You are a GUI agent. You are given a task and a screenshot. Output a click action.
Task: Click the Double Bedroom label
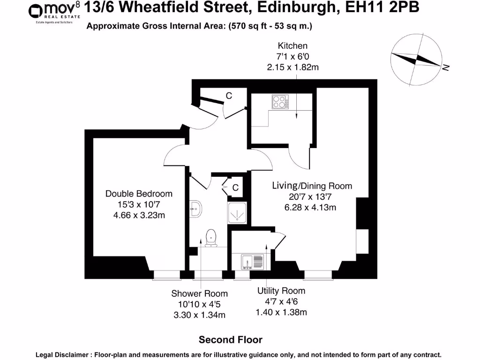tap(139, 194)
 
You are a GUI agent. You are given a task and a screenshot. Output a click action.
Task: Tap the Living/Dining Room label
tap(312, 186)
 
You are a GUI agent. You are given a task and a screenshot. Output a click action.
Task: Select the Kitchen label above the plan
tap(292, 46)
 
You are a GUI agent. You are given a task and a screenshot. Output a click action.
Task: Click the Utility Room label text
tap(281, 291)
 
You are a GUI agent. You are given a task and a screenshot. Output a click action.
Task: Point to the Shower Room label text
tap(199, 294)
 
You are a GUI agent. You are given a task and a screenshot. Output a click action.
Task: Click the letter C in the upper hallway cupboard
tap(229, 96)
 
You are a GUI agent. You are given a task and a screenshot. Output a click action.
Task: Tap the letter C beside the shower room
tap(236, 187)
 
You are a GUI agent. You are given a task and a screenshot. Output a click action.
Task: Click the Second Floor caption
tap(231, 339)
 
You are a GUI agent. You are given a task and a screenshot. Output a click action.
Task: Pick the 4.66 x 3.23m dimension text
tap(139, 215)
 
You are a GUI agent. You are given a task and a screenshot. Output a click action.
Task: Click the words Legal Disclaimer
tap(64, 355)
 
